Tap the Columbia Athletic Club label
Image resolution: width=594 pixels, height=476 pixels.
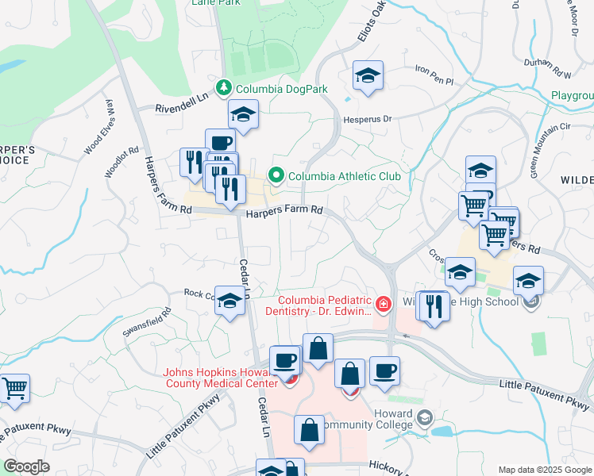click(x=344, y=175)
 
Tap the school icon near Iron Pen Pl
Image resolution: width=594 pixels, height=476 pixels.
click(x=368, y=76)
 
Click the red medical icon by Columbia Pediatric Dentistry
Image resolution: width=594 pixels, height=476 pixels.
click(x=384, y=304)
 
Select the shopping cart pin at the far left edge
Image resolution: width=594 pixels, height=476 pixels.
click(x=13, y=389)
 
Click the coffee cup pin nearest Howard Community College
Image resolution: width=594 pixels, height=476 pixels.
click(x=384, y=370)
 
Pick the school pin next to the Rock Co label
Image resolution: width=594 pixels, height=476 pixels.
click(x=230, y=301)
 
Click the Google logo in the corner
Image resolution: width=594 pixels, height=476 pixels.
click(x=26, y=466)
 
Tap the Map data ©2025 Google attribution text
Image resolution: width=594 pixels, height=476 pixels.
click(x=544, y=470)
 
